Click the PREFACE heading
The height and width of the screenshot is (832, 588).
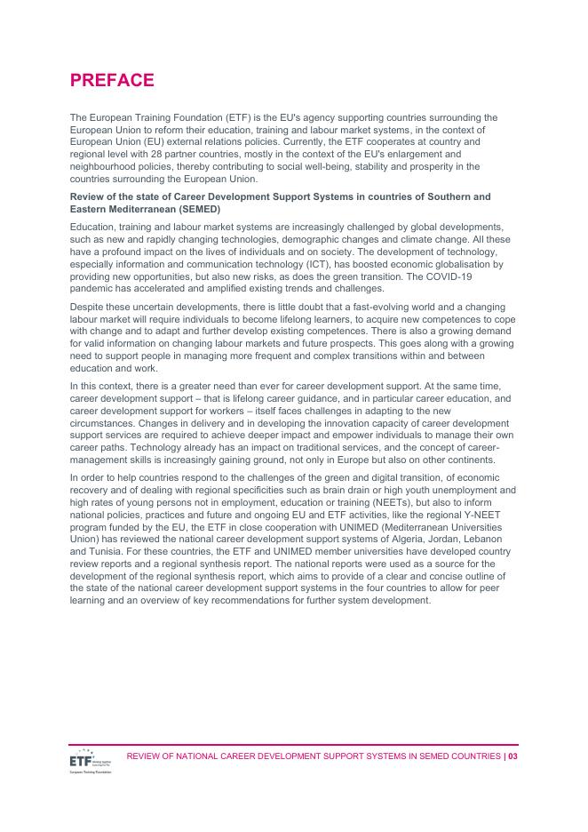coord(112,81)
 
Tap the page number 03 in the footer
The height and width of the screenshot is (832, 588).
coord(513,756)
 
